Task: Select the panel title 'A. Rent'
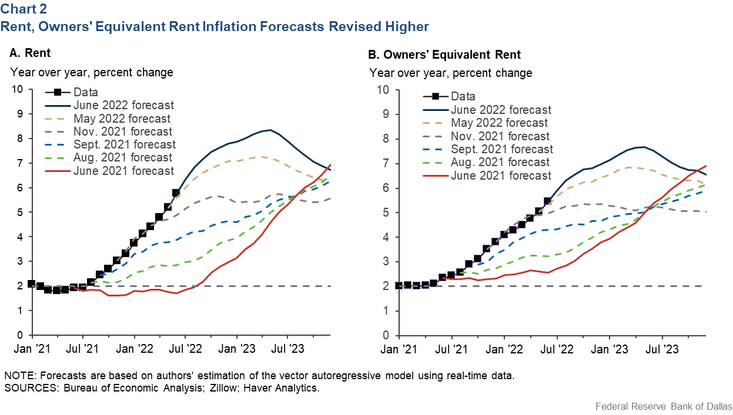coord(30,53)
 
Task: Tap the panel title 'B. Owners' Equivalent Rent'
coord(444,55)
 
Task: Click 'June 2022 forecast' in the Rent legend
coord(123,106)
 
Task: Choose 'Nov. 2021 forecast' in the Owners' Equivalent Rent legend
coord(501,136)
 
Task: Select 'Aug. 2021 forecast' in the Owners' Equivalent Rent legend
coord(500,162)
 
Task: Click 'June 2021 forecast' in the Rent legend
coord(123,171)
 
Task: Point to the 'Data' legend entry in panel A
coord(86,92)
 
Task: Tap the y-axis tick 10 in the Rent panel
coord(17,89)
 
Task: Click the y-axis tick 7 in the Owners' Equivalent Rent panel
coord(384,163)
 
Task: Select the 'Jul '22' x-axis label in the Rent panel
coord(185,348)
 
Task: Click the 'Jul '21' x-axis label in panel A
coord(82,348)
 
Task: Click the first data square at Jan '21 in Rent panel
coord(31,284)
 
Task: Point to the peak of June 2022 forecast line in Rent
coord(270,130)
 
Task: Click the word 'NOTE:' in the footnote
coord(18,376)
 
